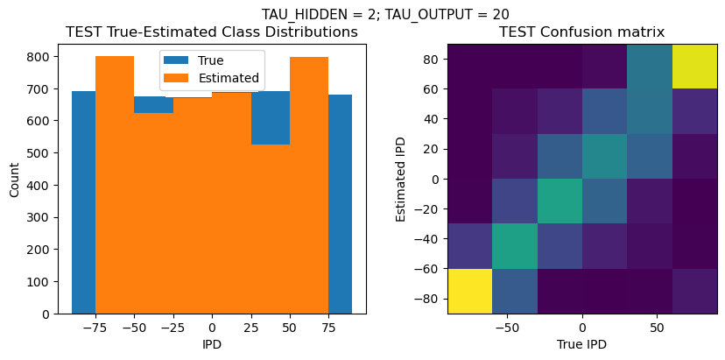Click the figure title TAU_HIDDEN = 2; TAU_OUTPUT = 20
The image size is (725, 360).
tap(385, 14)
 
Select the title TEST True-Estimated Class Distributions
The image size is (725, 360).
tap(212, 32)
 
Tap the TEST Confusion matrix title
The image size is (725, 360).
tap(581, 32)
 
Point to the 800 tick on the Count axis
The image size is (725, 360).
tap(42, 57)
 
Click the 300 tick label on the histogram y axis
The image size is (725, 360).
tap(42, 217)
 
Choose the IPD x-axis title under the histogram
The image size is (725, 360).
tap(212, 344)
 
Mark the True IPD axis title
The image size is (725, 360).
tap(581, 344)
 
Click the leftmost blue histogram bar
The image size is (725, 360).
tap(84, 201)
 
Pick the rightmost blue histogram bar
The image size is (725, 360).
tap(341, 201)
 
